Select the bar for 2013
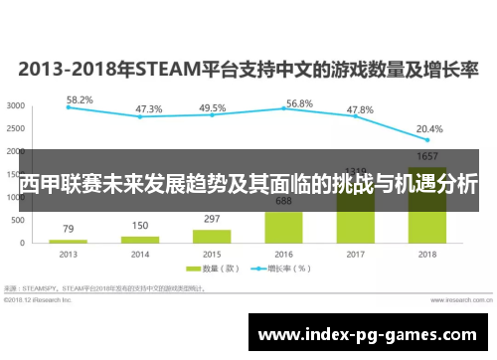point(68,242)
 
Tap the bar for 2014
point(140,240)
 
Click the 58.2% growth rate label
point(80,99)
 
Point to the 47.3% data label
point(149,109)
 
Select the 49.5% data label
point(212,107)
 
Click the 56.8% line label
point(299,102)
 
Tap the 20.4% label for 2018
point(429,128)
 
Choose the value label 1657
point(427,157)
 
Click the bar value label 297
point(212,219)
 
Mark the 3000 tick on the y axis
point(17,105)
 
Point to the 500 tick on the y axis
point(20,219)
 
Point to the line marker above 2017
point(356,116)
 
